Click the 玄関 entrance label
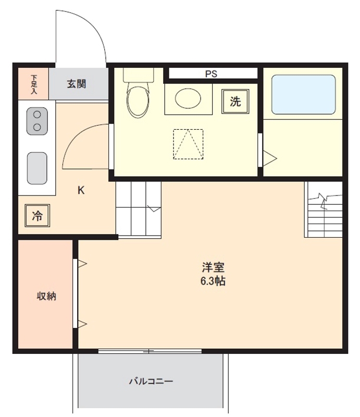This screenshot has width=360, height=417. click(76, 84)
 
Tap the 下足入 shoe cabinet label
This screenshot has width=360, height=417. click(34, 84)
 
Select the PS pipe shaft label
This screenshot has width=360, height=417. click(211, 73)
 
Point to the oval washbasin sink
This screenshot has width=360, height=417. click(188, 98)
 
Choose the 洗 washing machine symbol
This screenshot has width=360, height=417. click(235, 101)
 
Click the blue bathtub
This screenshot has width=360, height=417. click(303, 94)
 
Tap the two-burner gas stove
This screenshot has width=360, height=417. click(37, 121)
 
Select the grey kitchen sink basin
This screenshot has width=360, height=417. click(37, 168)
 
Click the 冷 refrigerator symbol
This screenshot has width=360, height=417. click(37, 215)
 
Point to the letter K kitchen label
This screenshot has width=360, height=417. click(81, 190)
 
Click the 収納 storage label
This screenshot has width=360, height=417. click(46, 296)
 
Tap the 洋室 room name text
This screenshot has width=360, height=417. click(213, 267)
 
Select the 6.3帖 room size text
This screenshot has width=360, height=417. click(213, 281)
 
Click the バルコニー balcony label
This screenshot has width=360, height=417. click(151, 382)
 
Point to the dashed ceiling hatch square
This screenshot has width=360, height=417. click(188, 144)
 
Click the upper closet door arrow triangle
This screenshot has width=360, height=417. click(82, 264)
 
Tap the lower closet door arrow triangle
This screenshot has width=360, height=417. click(82, 324)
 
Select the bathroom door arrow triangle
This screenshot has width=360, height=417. click(269, 158)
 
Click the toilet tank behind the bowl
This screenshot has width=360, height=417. click(139, 75)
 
